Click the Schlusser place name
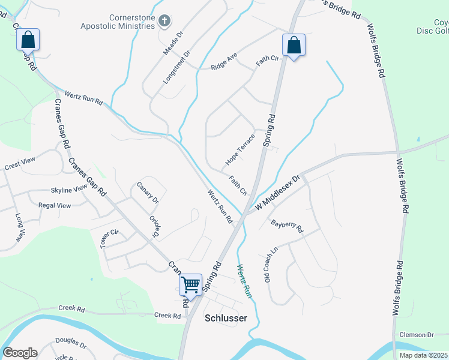(x=226, y=318)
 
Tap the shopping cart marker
(x=190, y=284)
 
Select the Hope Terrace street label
(x=240, y=150)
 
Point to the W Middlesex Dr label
(x=277, y=191)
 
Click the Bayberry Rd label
(x=288, y=226)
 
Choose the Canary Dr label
(x=147, y=192)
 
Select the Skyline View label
(x=69, y=189)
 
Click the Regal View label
(x=55, y=205)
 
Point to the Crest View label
(x=20, y=163)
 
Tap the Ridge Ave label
(x=224, y=62)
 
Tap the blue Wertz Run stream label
(x=244, y=281)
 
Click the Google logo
(x=19, y=353)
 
